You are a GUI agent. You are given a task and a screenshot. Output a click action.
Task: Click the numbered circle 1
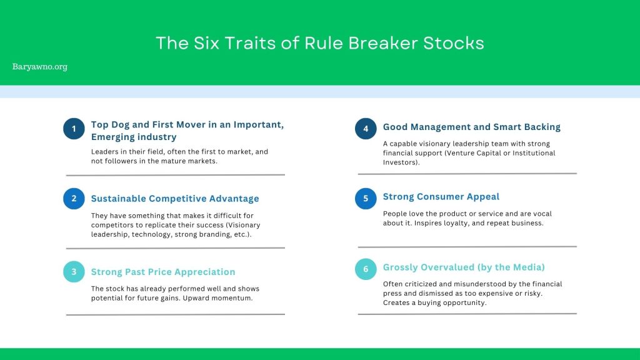click(74, 129)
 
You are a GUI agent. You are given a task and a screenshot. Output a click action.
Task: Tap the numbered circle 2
click(74, 198)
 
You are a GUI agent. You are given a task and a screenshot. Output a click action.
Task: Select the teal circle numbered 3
click(74, 271)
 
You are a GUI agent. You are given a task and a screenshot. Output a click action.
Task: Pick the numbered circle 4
click(366, 129)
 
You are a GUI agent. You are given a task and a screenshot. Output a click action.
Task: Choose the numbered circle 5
click(366, 198)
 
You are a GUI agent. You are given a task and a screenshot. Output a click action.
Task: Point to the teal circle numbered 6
click(366, 269)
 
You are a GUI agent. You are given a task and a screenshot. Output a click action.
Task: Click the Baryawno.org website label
click(39, 66)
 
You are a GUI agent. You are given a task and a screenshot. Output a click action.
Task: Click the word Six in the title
click(206, 43)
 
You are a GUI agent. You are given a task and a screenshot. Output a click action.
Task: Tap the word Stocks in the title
click(454, 43)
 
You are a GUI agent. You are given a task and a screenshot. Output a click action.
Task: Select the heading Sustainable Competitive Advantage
click(175, 198)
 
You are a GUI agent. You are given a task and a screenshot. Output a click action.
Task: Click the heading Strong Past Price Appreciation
click(163, 272)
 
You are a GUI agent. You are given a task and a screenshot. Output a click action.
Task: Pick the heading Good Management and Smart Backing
click(472, 127)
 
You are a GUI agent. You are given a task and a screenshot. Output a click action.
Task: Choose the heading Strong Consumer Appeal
click(441, 197)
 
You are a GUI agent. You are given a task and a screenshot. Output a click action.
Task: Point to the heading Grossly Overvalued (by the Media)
click(464, 267)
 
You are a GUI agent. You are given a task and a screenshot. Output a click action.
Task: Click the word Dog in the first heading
click(120, 125)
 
